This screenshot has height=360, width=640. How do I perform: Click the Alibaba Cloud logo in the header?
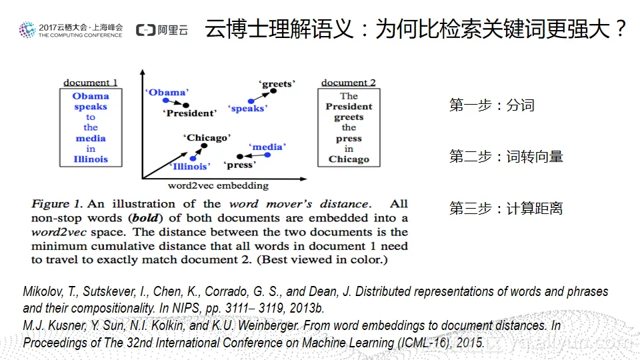coord(161,30)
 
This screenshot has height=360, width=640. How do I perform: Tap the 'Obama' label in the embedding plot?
coord(167,93)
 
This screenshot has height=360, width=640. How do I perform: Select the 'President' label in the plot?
coord(189,113)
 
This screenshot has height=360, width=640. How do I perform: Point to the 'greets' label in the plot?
coord(277,84)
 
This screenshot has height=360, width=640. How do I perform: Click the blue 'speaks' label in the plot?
coord(247,109)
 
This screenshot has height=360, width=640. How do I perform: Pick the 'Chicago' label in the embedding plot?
coord(207,138)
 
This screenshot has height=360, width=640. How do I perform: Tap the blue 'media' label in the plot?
coord(267,147)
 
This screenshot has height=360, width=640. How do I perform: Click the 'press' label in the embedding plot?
coord(239,165)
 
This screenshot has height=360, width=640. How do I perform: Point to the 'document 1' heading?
coord(91,83)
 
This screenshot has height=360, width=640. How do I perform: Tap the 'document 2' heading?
coord(348,83)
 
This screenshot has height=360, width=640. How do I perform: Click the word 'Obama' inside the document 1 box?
coord(91,96)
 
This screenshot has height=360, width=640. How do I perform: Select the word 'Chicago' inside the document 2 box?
coord(349,159)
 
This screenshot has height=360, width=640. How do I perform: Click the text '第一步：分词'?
coord(491,105)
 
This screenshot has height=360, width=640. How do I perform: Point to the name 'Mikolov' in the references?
coord(41,292)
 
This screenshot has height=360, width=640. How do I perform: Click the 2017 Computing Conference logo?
coord(71,30)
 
